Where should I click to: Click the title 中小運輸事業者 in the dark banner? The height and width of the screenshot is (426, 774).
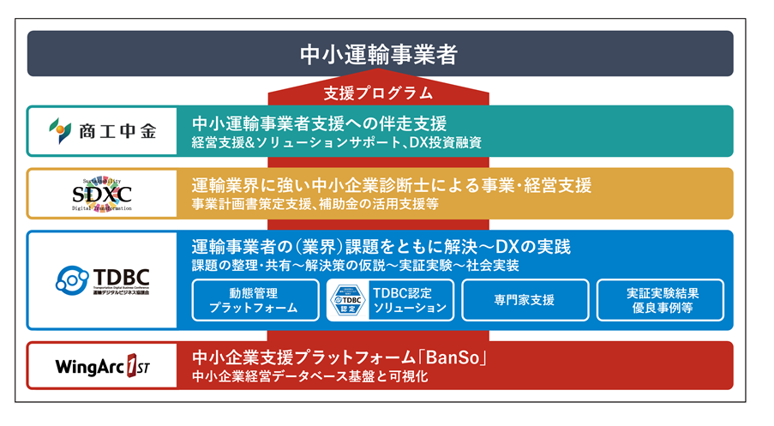(379, 54)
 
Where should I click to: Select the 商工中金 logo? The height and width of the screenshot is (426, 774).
(102, 131)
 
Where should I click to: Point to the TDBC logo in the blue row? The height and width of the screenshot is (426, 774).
(102, 279)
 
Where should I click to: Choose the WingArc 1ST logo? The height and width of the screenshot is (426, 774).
(102, 366)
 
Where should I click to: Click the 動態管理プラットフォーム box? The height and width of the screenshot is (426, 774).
(253, 300)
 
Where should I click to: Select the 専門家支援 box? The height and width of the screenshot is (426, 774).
(524, 300)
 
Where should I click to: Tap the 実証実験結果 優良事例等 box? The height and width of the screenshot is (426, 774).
(660, 300)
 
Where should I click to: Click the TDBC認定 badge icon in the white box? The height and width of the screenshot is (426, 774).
(348, 300)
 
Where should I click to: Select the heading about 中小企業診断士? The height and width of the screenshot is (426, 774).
(391, 184)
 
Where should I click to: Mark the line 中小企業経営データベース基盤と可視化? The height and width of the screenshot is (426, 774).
(309, 376)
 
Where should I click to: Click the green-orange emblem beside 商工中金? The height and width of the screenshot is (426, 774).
(60, 131)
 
